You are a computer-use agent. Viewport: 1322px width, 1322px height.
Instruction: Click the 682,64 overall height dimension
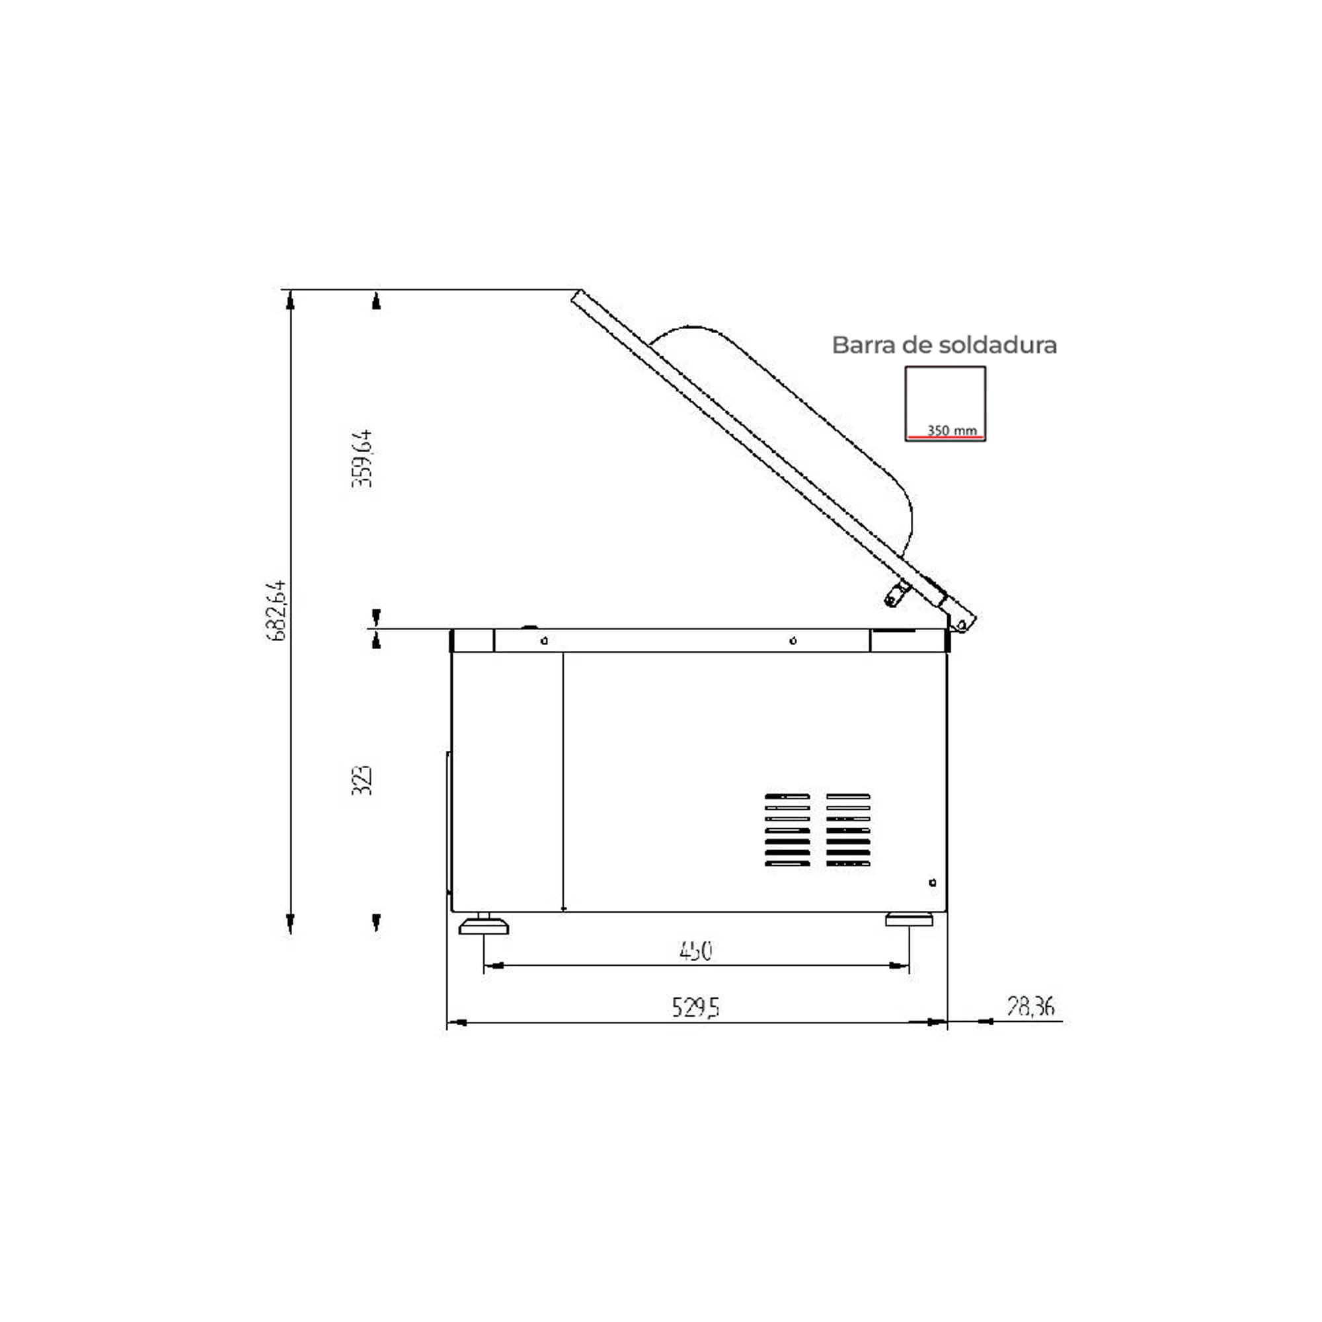(276, 610)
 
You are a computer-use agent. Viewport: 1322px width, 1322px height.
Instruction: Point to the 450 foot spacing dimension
(696, 951)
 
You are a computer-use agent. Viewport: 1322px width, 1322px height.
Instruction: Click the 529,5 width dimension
(695, 1007)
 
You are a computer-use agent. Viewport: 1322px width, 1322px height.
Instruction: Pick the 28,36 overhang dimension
(1030, 1006)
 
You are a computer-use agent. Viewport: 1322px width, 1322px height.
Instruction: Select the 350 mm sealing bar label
(952, 430)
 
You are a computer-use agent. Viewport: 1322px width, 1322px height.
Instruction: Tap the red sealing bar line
(946, 436)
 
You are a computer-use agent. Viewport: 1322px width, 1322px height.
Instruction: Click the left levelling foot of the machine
(484, 925)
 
